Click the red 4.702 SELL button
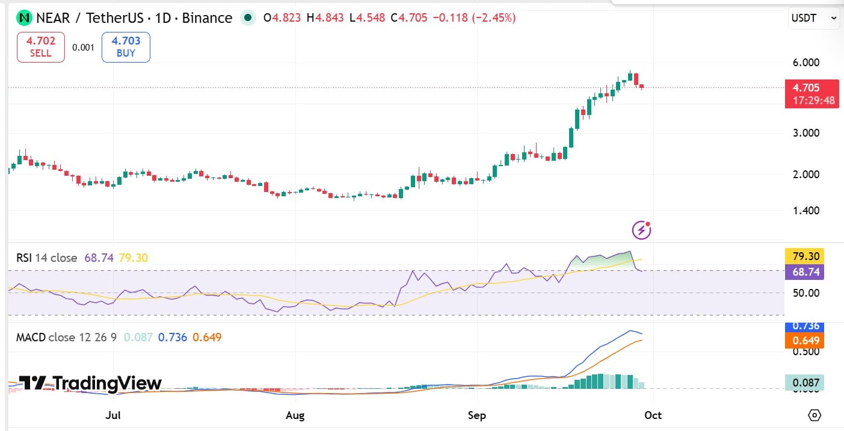pyautogui.click(x=41, y=47)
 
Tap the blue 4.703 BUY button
pyautogui.click(x=126, y=47)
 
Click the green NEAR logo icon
pyautogui.click(x=25, y=17)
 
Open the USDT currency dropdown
pyautogui.click(x=814, y=17)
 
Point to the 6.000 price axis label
pyautogui.click(x=806, y=62)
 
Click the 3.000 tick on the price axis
pyautogui.click(x=806, y=133)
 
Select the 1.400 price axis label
pyautogui.click(x=806, y=210)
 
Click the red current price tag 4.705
pyautogui.click(x=812, y=94)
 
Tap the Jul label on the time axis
pyautogui.click(x=113, y=415)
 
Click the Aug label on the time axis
pyautogui.click(x=295, y=415)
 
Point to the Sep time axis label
pyautogui.click(x=476, y=415)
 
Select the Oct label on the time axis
pyautogui.click(x=653, y=415)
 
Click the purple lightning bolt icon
pyautogui.click(x=641, y=230)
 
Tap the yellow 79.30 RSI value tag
pyautogui.click(x=804, y=256)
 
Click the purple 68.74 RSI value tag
pyautogui.click(x=804, y=272)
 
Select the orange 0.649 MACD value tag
pyautogui.click(x=804, y=341)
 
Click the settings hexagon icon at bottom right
pyautogui.click(x=815, y=415)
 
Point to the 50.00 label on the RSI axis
pyautogui.click(x=806, y=293)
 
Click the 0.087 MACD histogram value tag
pyautogui.click(x=804, y=383)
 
